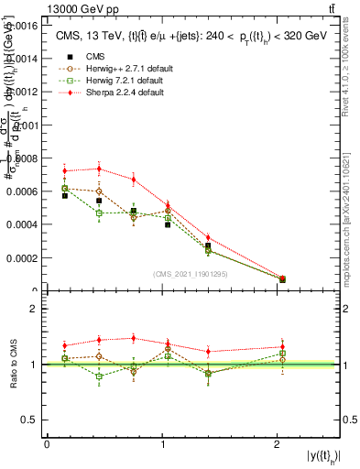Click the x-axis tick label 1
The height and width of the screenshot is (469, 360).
(162, 443)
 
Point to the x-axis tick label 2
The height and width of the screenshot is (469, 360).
(277, 443)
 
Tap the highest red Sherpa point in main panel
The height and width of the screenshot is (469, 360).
(99, 169)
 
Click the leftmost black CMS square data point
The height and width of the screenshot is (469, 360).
(64, 195)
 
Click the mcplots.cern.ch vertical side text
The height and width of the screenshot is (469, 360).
(351, 220)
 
